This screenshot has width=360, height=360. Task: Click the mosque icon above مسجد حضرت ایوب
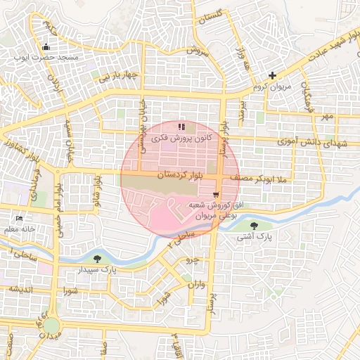tap(46, 47)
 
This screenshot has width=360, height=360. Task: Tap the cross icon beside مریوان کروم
tap(273, 75)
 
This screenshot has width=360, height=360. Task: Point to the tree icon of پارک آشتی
tap(254, 225)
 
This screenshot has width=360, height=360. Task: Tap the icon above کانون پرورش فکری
tap(181, 127)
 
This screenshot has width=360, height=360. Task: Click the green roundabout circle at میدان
tap(51, 325)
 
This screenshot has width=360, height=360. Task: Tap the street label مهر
tap(326, 117)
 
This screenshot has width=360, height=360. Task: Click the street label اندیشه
tap(15, 289)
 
